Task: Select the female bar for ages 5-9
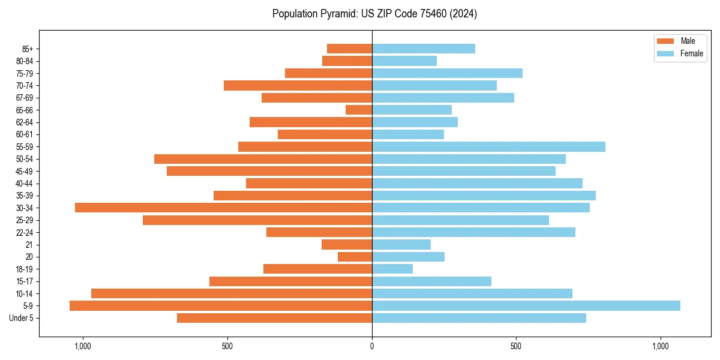pos(526,305)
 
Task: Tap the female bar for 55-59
pos(488,146)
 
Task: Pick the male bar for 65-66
pos(359,110)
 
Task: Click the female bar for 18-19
pos(392,269)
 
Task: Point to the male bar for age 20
pos(355,257)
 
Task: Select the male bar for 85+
pos(349,49)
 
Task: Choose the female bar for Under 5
pos(479,318)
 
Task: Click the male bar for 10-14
pos(232,293)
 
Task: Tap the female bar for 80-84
pos(404,61)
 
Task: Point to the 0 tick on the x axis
pos(372,346)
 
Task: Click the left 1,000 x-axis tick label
pos(82,346)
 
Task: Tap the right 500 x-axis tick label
pos(516,346)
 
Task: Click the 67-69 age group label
pos(24,98)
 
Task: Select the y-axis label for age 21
pos(29,245)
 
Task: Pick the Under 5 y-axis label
pos(22,318)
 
